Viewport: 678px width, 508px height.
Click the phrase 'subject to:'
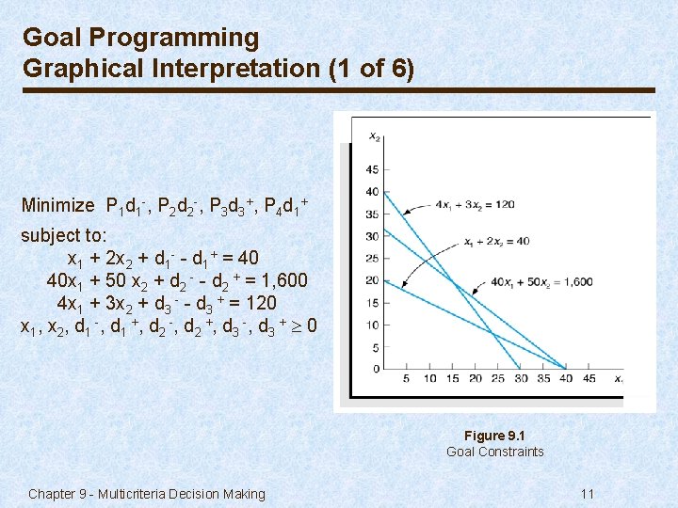tap(64, 234)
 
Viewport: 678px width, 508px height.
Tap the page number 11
tap(587, 494)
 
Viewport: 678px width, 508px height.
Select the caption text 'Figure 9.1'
tap(494, 436)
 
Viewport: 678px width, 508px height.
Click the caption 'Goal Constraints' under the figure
tap(494, 452)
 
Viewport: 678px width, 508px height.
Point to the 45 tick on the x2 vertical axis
tap(372, 169)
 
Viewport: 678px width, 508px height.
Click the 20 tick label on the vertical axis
tap(372, 280)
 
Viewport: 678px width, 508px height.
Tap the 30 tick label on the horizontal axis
tap(519, 379)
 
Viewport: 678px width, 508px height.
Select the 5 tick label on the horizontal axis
tap(406, 379)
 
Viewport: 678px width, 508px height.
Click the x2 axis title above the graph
tap(374, 137)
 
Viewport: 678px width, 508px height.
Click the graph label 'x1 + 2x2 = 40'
tap(496, 241)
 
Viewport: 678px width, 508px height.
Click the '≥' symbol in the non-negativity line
tap(297, 326)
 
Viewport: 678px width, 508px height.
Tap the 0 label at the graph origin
tap(375, 369)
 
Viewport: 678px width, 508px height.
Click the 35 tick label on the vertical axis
tap(372, 214)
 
